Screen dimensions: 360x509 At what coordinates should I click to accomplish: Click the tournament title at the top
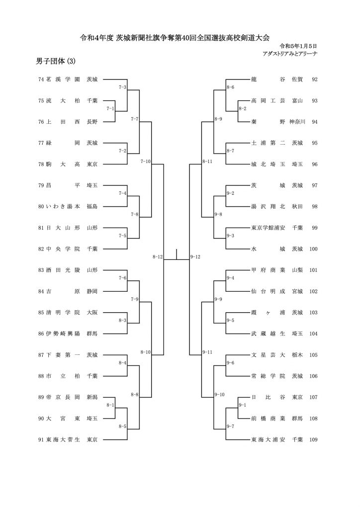pos(175,38)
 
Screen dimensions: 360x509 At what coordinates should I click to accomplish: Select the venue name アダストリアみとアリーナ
pos(290,54)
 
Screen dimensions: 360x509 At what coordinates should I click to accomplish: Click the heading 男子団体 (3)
pos(56,61)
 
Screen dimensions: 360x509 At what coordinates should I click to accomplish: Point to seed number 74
pos(41,79)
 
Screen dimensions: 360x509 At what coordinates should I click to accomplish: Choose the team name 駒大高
pos(63,164)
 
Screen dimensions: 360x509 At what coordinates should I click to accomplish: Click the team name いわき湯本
pos(63,206)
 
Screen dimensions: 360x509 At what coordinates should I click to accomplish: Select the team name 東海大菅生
pos(63,439)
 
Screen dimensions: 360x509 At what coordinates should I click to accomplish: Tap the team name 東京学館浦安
pos(268,228)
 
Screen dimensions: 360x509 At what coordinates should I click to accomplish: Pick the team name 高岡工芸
pos(268,100)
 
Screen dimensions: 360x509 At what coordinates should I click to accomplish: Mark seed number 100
pos(313,249)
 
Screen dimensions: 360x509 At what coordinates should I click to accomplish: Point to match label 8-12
pos(158,257)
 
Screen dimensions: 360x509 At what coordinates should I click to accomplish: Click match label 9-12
pos(195,257)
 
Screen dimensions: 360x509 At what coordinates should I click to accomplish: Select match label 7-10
pos(145,162)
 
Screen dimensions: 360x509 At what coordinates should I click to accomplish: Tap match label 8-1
pos(110,405)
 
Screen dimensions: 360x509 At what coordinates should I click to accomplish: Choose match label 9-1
pos(243,405)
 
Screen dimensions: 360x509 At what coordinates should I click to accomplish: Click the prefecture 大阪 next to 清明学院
pos(92,313)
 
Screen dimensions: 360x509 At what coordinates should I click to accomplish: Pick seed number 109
pos(313,439)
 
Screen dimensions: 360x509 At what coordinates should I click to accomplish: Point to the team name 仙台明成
pos(268,291)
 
